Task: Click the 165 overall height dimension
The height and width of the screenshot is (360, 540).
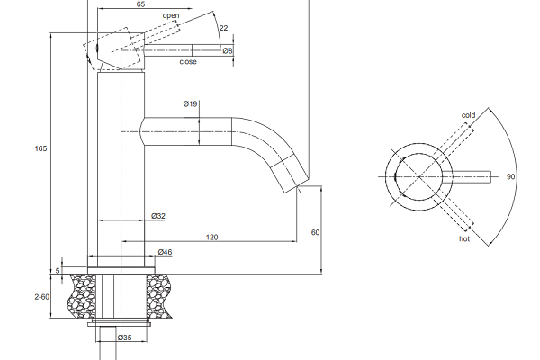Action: point(40,148)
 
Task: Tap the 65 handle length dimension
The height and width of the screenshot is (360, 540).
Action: point(140,4)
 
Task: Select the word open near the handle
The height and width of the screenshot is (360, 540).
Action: point(171,15)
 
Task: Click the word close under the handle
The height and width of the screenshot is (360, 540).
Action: point(188,62)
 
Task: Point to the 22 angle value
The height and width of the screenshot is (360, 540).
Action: point(223,28)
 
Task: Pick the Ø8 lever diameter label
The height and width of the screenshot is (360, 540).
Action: point(228,51)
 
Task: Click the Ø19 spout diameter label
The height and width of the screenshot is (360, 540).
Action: point(191,103)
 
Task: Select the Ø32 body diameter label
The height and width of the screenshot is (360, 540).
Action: point(158,216)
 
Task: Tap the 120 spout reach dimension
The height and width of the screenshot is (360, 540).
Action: point(211,238)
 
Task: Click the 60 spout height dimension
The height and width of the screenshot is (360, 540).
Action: point(316,232)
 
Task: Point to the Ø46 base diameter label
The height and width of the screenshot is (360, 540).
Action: point(165,252)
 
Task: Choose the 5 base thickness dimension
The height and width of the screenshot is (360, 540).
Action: point(58,270)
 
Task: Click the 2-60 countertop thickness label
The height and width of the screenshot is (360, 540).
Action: point(42,297)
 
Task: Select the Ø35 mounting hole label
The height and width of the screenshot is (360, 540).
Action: point(125,337)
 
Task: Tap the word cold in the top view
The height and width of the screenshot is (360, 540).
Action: point(468,115)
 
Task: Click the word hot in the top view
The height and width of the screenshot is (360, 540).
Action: point(464,238)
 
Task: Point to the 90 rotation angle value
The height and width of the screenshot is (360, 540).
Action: point(510,176)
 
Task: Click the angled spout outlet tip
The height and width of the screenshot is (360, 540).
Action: point(296,186)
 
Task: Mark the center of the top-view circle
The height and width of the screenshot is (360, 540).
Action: point(418,176)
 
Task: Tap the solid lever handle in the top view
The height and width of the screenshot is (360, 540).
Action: point(466,176)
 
